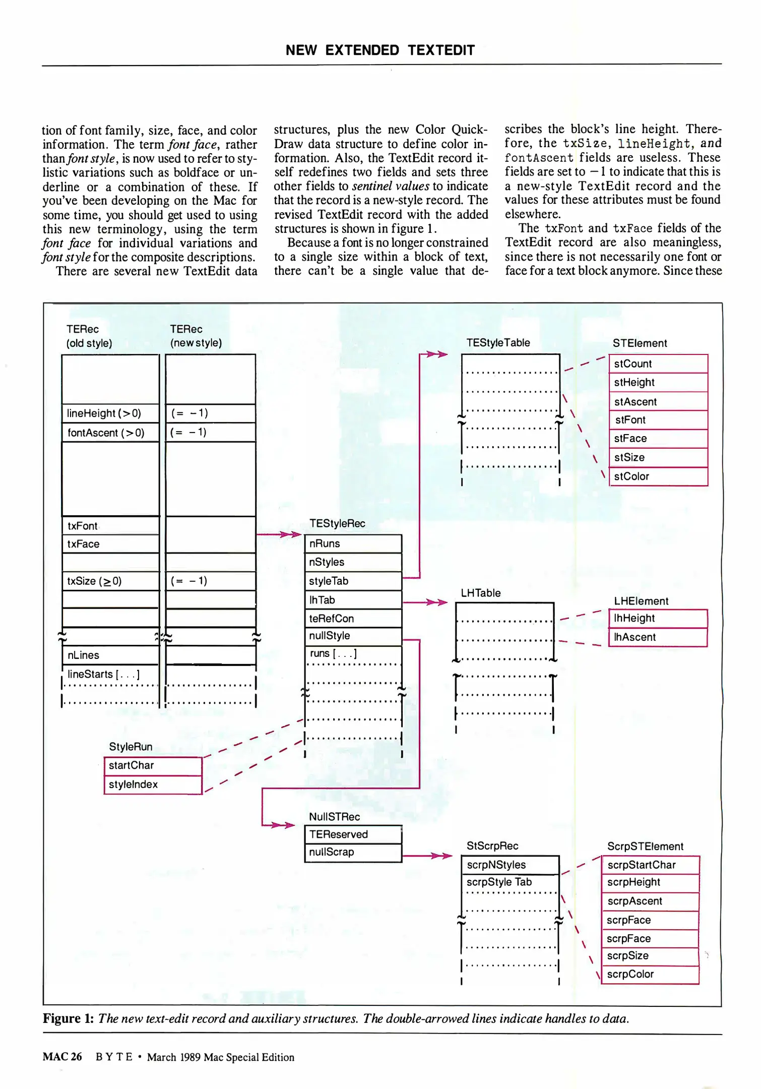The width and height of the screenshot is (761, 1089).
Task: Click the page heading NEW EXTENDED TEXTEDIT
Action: coord(380,50)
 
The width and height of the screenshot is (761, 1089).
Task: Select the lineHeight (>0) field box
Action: coord(110,413)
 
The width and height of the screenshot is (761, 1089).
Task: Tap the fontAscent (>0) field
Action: coord(110,433)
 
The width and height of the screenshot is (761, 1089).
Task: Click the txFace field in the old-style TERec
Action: coord(110,544)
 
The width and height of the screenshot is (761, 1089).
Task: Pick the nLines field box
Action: coord(110,655)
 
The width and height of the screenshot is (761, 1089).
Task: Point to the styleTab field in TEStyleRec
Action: coord(353,581)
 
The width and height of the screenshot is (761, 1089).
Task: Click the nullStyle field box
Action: coord(353,636)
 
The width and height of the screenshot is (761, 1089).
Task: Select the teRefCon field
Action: coord(353,618)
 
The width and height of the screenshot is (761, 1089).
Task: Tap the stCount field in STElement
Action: coord(658,364)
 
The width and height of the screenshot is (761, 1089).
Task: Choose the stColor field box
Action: coord(658,476)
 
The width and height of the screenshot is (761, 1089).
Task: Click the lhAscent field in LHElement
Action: coord(658,637)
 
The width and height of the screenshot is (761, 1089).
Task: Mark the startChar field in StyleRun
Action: coord(153,765)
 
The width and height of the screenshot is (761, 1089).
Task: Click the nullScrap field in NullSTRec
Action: coord(353,852)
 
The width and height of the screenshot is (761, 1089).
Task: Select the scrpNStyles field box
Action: coord(510,865)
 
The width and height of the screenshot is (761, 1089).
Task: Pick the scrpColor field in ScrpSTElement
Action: coord(650,975)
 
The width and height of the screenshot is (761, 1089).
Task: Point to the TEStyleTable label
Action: coord(498,343)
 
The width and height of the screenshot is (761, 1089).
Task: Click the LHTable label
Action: coord(481,593)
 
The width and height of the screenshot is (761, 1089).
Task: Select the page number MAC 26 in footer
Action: coord(62,1057)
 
